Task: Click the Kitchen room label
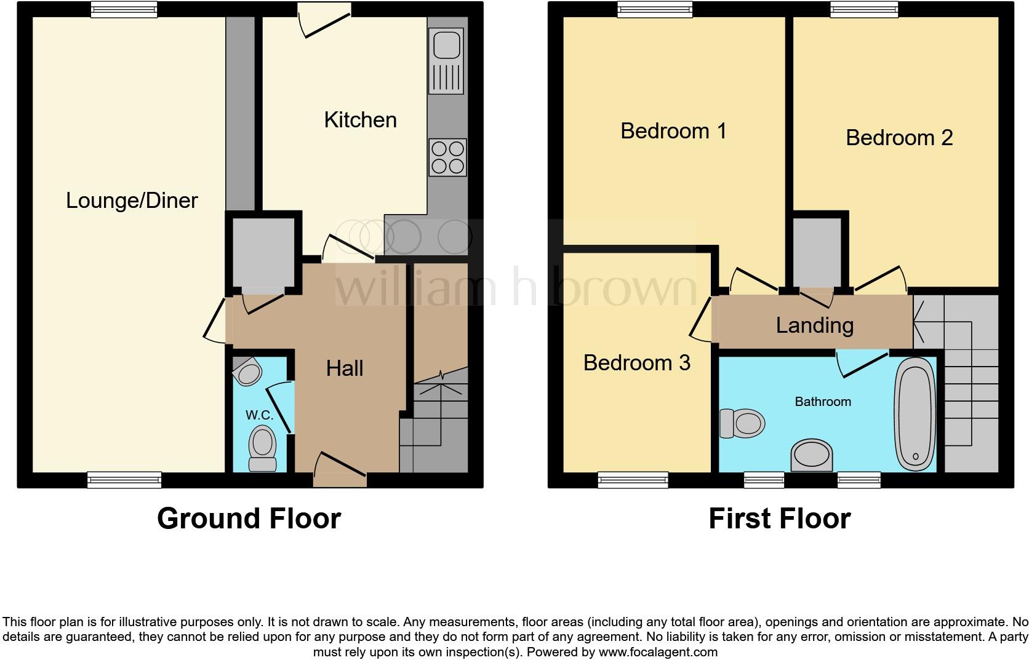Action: pyautogui.click(x=360, y=120)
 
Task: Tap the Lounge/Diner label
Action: pyautogui.click(x=132, y=201)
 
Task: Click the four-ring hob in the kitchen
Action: pyautogui.click(x=447, y=157)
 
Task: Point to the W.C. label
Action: pyautogui.click(x=259, y=415)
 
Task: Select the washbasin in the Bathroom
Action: pyautogui.click(x=811, y=456)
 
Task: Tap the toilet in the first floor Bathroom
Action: pyautogui.click(x=743, y=423)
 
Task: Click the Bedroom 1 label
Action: pyautogui.click(x=673, y=131)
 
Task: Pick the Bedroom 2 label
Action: pyautogui.click(x=899, y=138)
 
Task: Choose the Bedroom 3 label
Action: pyautogui.click(x=636, y=363)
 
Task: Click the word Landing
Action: pyautogui.click(x=814, y=325)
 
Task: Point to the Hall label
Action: pyautogui.click(x=345, y=368)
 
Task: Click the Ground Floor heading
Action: pyautogui.click(x=249, y=519)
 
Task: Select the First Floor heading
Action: pyautogui.click(x=779, y=519)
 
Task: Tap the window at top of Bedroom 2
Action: pyautogui.click(x=864, y=9)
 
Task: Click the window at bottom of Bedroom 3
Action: pyautogui.click(x=633, y=480)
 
